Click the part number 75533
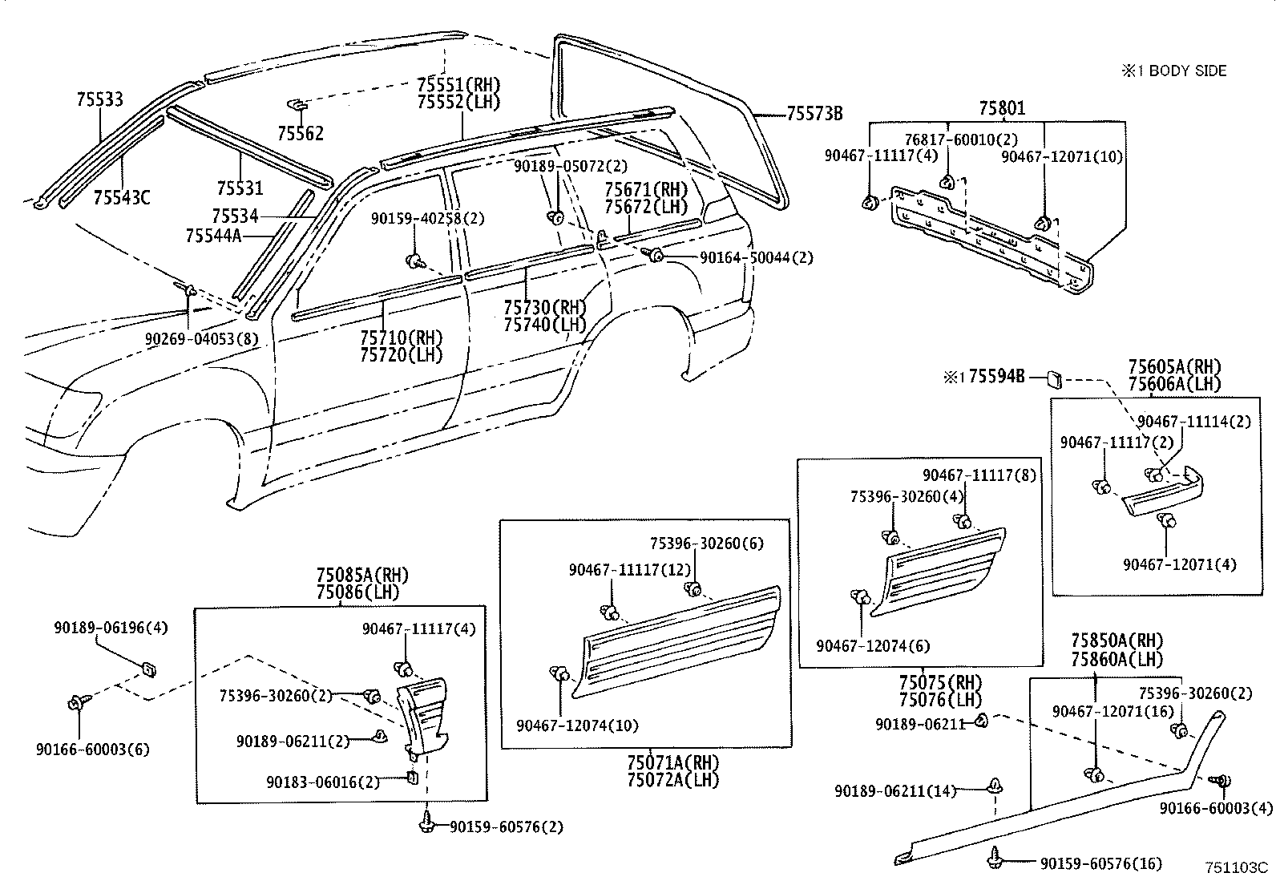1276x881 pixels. pos(99,99)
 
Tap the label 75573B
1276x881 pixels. pos(814,114)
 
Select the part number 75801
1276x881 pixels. pos(1002,107)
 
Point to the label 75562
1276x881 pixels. pos(301,133)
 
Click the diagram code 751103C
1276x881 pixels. pos(1237,867)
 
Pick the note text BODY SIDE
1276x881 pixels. pos(1188,71)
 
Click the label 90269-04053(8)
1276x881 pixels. pos(202,339)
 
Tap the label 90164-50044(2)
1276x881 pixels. pos(757,257)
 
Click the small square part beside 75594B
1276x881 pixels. pos(1055,378)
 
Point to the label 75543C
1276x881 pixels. pos(122,198)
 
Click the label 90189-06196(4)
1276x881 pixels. pos(111,628)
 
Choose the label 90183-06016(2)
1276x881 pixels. pos(323,782)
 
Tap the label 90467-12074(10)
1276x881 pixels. pos(578,725)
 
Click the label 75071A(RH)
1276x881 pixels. pos(673,762)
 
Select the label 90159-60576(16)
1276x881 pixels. pos(1101,864)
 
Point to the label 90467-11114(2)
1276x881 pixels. pos(1194,422)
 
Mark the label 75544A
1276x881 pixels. pos(214,236)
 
